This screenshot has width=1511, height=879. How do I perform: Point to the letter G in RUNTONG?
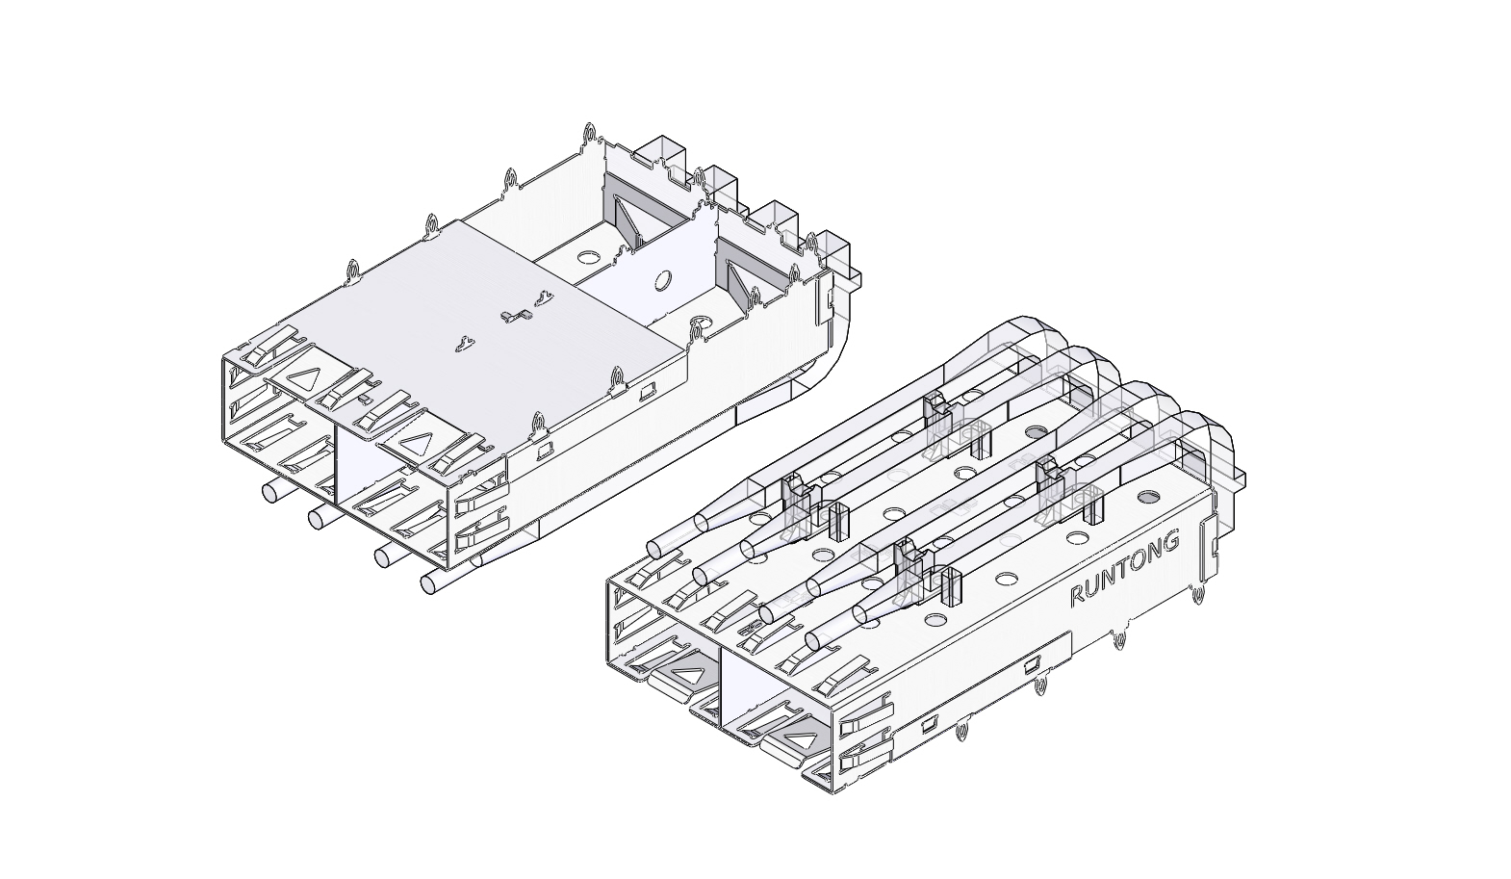[1170, 542]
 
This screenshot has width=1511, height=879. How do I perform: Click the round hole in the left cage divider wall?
[662, 280]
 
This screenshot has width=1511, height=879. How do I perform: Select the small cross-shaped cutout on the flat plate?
[517, 316]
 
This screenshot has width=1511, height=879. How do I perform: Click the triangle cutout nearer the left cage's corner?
[417, 444]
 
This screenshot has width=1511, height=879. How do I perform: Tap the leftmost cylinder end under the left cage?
[269, 491]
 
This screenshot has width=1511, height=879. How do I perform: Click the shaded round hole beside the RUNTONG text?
[1147, 497]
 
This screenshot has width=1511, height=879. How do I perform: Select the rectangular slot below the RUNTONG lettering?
[1032, 666]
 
